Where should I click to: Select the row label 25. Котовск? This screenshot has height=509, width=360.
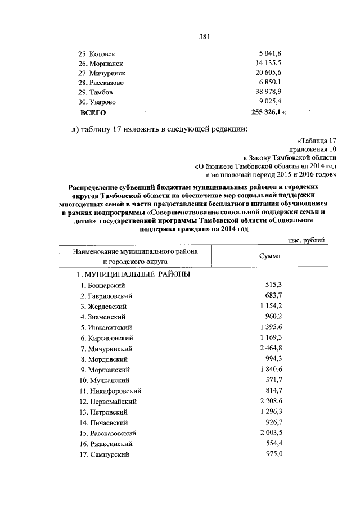coord(97,54)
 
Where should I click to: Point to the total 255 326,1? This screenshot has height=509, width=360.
coord(268,112)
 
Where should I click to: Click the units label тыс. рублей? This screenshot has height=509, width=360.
coord(306,240)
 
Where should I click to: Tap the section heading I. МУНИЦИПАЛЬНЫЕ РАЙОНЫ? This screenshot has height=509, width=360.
coord(133,274)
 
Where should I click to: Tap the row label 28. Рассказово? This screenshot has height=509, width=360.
coord(101,83)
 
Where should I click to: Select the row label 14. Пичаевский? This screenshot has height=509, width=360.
coord(105,422)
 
